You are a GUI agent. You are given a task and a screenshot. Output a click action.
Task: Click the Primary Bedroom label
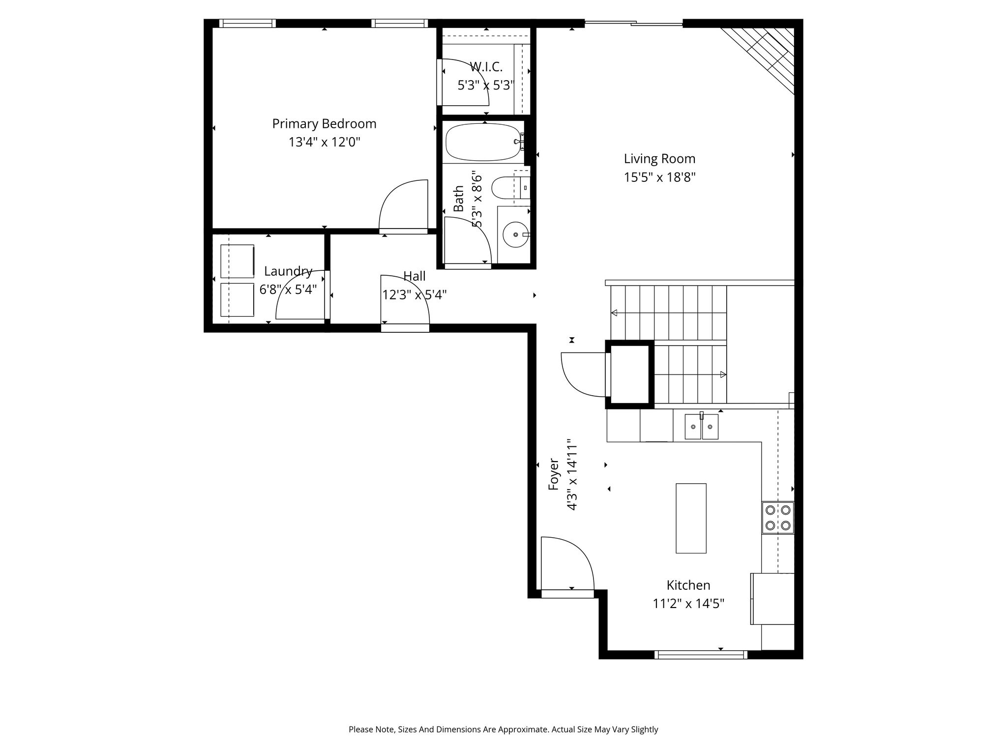(x=324, y=123)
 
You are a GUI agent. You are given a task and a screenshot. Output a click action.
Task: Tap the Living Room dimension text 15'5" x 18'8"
(x=659, y=177)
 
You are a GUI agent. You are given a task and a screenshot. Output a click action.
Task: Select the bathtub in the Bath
(x=483, y=142)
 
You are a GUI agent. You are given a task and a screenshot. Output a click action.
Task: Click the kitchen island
(x=691, y=518)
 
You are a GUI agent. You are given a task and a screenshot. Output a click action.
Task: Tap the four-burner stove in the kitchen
(x=778, y=518)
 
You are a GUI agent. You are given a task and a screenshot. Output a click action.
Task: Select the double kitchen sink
(x=702, y=426)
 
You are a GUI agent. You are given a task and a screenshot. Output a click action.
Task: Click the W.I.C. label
(x=486, y=67)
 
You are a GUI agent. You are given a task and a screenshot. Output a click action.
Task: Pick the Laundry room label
(x=288, y=271)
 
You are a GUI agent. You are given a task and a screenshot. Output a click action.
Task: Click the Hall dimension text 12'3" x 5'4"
(x=415, y=295)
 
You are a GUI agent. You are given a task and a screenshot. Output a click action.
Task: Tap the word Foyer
(x=554, y=474)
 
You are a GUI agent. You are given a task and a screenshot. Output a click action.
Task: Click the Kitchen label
(x=688, y=585)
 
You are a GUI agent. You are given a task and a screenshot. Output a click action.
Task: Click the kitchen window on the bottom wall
(x=701, y=654)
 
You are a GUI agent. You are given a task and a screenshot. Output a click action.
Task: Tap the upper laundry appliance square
(x=237, y=261)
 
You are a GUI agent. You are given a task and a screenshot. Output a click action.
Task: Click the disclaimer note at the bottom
(x=503, y=729)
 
